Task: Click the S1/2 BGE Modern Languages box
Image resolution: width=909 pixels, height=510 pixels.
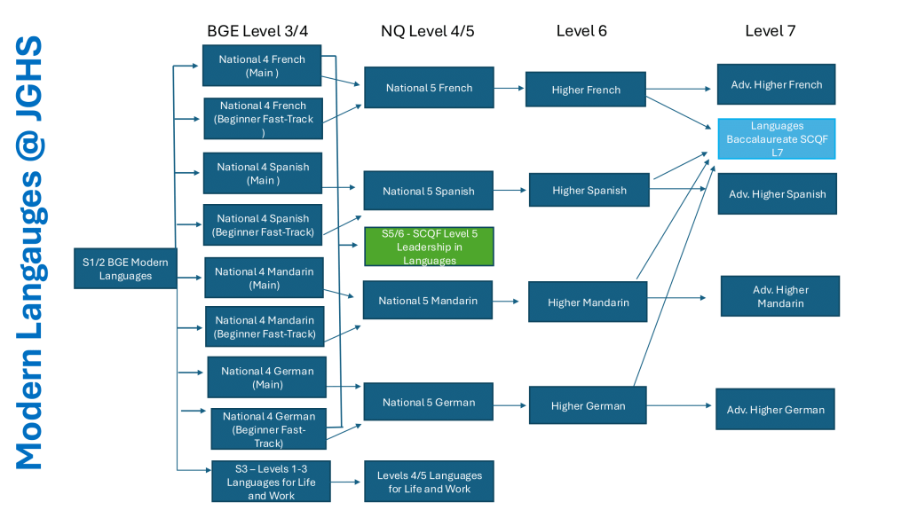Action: (123, 268)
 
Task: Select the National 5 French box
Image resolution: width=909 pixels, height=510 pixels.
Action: (429, 88)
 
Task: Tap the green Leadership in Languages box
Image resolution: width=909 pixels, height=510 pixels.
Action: (429, 247)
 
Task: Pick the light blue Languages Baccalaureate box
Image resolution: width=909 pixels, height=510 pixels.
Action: (777, 139)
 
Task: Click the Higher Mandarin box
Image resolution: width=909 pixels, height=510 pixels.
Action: (588, 302)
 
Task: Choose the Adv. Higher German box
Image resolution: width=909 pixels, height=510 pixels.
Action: (775, 410)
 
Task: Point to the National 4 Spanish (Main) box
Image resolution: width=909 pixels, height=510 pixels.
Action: (262, 174)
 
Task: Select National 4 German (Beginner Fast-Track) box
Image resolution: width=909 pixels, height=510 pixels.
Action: (269, 428)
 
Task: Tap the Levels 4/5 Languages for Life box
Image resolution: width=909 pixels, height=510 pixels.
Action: (429, 482)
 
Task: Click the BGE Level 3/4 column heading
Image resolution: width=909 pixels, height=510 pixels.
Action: (257, 31)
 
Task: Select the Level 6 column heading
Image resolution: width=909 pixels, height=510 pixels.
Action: (581, 31)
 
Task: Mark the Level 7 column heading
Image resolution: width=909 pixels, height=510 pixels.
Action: (770, 31)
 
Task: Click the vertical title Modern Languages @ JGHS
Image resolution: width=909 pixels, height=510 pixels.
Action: (28, 253)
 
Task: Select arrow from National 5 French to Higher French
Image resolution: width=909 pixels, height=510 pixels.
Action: (510, 88)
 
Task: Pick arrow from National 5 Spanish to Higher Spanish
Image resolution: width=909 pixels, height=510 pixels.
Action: (511, 191)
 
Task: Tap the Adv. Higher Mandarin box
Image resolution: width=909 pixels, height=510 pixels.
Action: (780, 296)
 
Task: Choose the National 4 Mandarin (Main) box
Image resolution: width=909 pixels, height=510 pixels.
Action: (264, 279)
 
